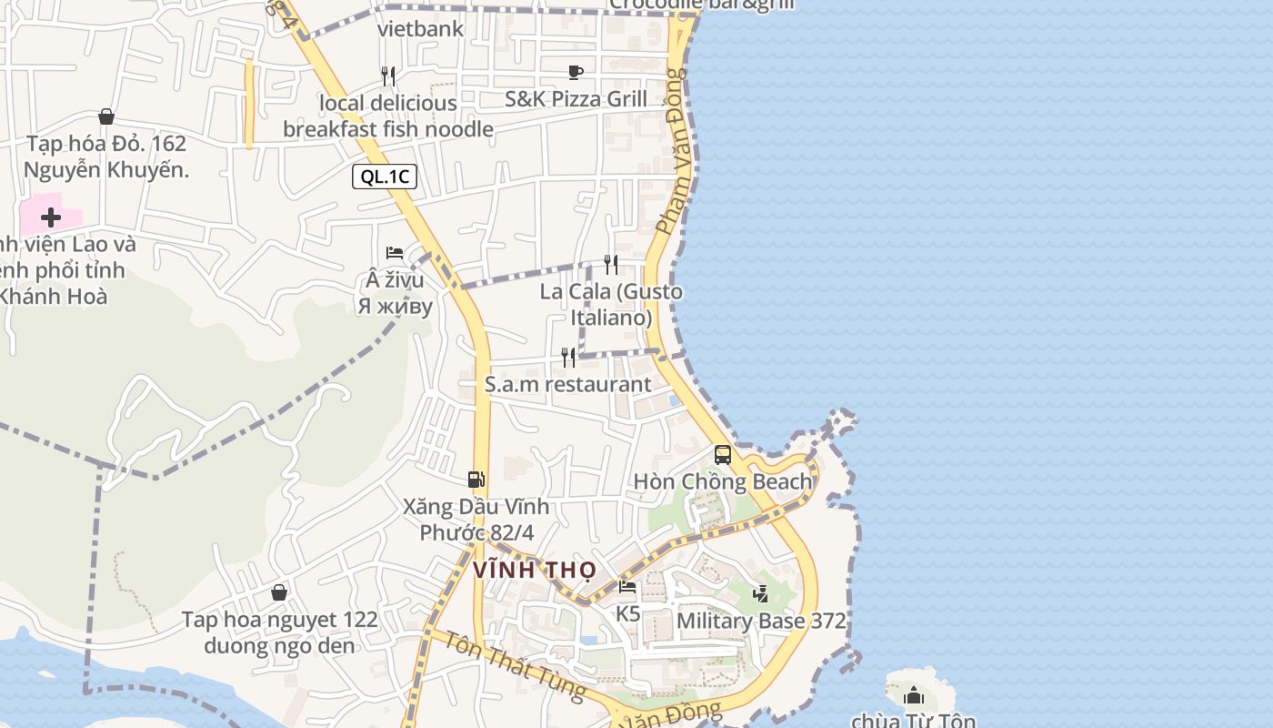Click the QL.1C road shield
[385, 177]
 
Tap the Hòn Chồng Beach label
[722, 481]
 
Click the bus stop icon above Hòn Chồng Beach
[723, 454]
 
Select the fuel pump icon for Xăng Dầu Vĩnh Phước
[476, 479]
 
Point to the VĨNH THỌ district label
[535, 571]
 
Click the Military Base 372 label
[761, 621]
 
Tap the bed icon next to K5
[627, 587]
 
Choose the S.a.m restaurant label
[567, 384]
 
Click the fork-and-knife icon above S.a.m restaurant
[568, 357]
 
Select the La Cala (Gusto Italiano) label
[611, 305]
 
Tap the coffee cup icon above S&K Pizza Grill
[575, 72]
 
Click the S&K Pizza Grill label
[576, 99]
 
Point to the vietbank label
[420, 28]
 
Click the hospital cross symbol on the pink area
[51, 217]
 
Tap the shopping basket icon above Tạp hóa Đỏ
[106, 116]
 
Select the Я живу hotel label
[395, 306]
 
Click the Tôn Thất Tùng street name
[515, 665]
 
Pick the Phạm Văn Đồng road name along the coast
[675, 150]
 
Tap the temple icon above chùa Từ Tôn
[914, 696]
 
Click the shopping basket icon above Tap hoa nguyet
[279, 592]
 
